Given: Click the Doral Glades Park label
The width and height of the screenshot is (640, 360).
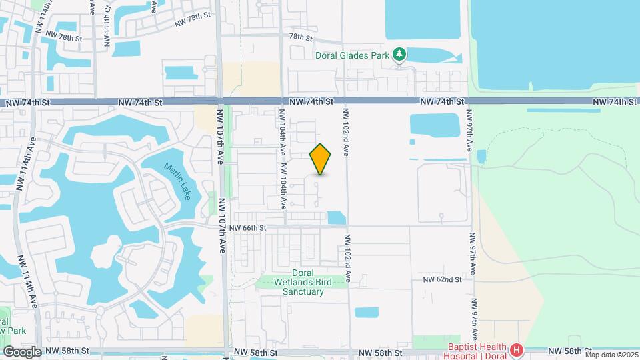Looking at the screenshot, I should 351,56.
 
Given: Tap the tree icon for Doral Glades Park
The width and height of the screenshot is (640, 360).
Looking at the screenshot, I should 399,53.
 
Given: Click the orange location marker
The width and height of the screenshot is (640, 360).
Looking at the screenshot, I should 321,159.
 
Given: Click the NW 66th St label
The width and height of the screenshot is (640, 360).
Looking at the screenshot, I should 247,228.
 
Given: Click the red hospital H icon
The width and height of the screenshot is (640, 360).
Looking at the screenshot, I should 515,349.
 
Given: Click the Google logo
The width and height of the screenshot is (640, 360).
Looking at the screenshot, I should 22,352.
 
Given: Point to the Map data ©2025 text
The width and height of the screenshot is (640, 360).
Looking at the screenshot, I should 611,355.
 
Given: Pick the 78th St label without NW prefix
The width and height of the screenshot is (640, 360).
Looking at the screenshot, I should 301,38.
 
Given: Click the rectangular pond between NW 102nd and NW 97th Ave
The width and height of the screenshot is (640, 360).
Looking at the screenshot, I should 434,125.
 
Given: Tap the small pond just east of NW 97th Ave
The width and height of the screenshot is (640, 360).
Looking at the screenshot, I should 481,157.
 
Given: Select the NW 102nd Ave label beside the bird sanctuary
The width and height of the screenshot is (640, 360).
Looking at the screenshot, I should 348,260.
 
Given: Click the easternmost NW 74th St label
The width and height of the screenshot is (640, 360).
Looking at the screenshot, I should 614,101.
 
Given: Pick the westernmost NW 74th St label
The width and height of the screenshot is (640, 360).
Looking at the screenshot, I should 28,103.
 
